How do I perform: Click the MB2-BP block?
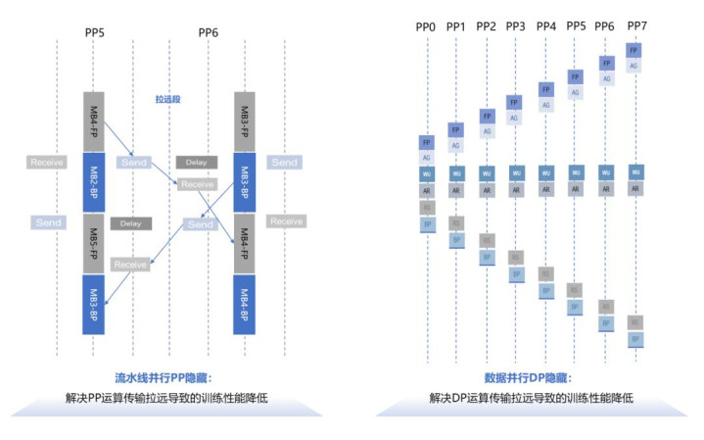[x=94, y=182]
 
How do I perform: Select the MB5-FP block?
[x=94, y=244]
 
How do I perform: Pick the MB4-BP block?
[x=245, y=304]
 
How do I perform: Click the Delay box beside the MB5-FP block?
[x=131, y=223]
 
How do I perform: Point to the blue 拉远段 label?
[x=168, y=99]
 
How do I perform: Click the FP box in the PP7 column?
[x=634, y=50]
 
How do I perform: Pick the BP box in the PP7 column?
[x=634, y=339]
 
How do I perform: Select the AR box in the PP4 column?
[x=546, y=190]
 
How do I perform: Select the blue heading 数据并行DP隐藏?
[x=530, y=378]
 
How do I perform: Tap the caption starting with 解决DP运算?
[x=530, y=399]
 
